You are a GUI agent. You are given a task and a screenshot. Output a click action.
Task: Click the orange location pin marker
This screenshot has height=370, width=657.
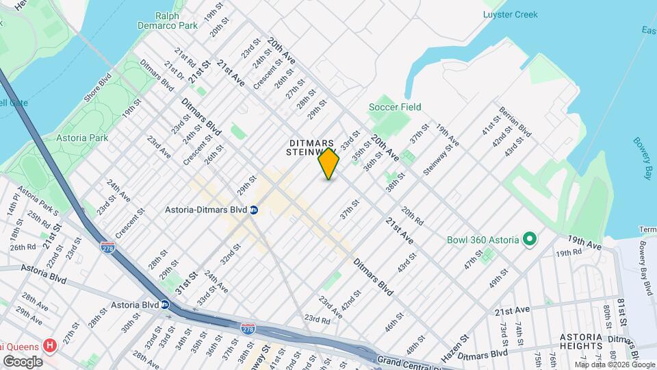point(328,163)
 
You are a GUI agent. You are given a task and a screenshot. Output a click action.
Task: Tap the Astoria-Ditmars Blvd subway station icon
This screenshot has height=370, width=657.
point(253,210)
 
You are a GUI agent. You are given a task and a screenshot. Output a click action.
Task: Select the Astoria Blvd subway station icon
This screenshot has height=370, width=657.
point(165,304)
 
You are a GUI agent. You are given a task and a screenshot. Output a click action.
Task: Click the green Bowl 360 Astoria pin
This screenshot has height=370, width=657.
point(529,240)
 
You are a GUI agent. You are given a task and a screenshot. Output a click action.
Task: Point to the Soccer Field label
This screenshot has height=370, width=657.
point(395,107)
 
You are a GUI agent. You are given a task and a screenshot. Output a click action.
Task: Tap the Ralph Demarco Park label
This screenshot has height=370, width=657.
point(176,20)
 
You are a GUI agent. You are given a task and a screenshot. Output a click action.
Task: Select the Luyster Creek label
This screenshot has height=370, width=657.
point(510,14)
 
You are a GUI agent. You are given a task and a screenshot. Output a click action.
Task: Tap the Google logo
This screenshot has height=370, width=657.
point(23,361)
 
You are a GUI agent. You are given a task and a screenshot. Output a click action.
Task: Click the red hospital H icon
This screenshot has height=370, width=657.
point(49,345)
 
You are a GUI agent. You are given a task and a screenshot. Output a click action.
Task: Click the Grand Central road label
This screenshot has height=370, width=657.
point(407,360)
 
